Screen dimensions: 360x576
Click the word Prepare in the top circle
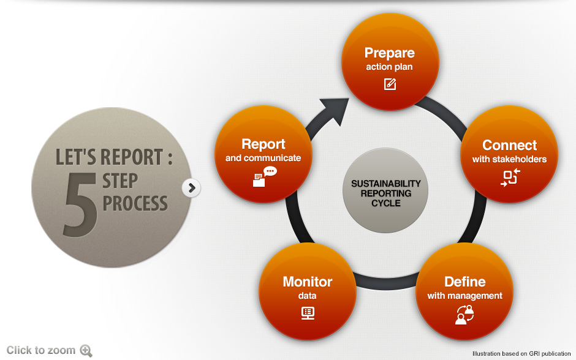(x=389, y=53)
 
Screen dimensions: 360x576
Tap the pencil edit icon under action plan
(x=390, y=84)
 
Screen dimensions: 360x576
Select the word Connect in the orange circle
(x=509, y=145)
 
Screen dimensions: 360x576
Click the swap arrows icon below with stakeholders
(x=510, y=178)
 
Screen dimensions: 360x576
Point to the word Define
(x=464, y=282)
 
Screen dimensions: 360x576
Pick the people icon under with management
(x=464, y=315)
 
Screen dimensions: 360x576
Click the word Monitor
(x=307, y=282)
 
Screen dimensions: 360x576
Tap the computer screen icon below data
(x=308, y=313)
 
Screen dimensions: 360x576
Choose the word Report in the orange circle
(x=263, y=144)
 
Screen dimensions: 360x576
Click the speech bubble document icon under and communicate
(x=264, y=176)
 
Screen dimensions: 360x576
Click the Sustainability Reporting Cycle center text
(x=386, y=193)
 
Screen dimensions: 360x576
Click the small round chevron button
(x=191, y=188)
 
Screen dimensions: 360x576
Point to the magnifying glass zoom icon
(x=86, y=351)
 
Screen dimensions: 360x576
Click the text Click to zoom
(x=40, y=350)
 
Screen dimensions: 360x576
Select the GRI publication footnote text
(x=521, y=353)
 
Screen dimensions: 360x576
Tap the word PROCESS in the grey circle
(x=135, y=203)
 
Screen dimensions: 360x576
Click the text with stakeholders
(x=509, y=159)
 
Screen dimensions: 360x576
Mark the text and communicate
(x=263, y=158)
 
